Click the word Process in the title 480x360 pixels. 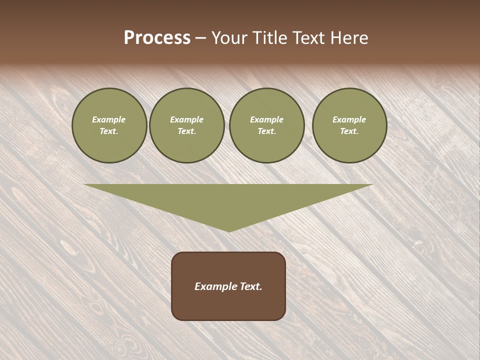157,38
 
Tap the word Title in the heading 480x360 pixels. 270,38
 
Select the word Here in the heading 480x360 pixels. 349,38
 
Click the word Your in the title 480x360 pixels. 229,38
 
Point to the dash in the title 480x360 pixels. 200,38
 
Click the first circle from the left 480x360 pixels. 109,125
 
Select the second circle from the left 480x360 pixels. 187,125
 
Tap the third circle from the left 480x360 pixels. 267,125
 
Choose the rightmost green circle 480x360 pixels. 349,125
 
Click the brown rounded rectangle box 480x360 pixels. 228,286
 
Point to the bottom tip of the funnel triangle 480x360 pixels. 229,230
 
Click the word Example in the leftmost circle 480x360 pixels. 109,119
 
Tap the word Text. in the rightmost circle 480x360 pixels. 349,131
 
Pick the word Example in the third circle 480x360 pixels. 267,119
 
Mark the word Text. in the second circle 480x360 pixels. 187,131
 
